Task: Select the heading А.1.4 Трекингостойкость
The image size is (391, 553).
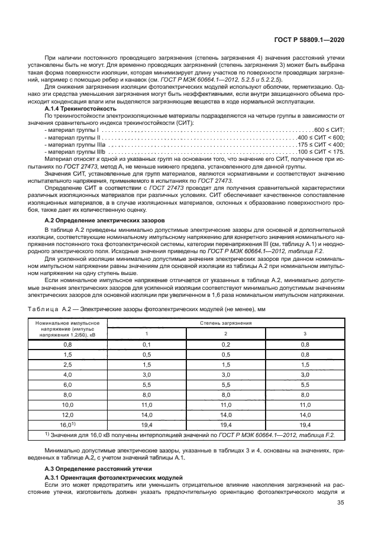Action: coord(81,109)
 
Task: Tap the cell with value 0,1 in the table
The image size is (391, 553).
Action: coord(147,344)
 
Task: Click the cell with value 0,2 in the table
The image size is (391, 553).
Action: coord(225,344)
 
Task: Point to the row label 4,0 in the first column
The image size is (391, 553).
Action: coord(67,374)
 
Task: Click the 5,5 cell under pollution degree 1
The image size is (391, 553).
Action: coord(147,384)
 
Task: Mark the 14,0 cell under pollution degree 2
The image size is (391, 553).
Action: coord(225,415)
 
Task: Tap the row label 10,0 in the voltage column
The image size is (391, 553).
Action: coord(67,405)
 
